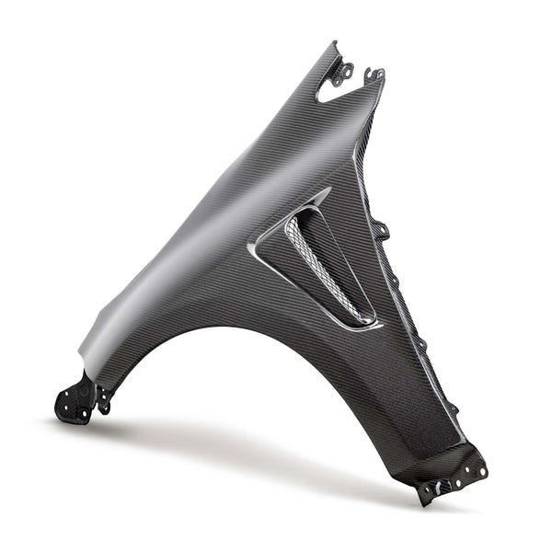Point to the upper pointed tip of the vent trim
(x=328, y=190)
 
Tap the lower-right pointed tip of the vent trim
(x=380, y=323)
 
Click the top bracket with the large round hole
(x=343, y=70)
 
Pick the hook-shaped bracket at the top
(x=374, y=74)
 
